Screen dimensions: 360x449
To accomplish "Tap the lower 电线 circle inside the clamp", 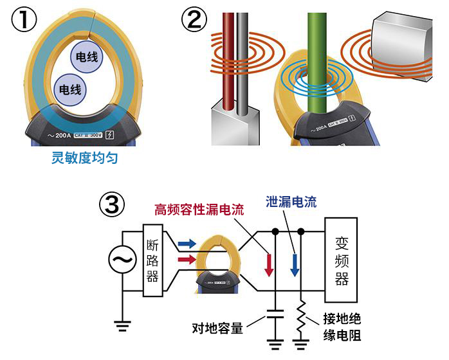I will click(x=69, y=88).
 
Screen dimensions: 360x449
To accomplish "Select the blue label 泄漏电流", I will click(x=291, y=202).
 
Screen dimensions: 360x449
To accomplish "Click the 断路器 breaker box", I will click(x=154, y=260).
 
